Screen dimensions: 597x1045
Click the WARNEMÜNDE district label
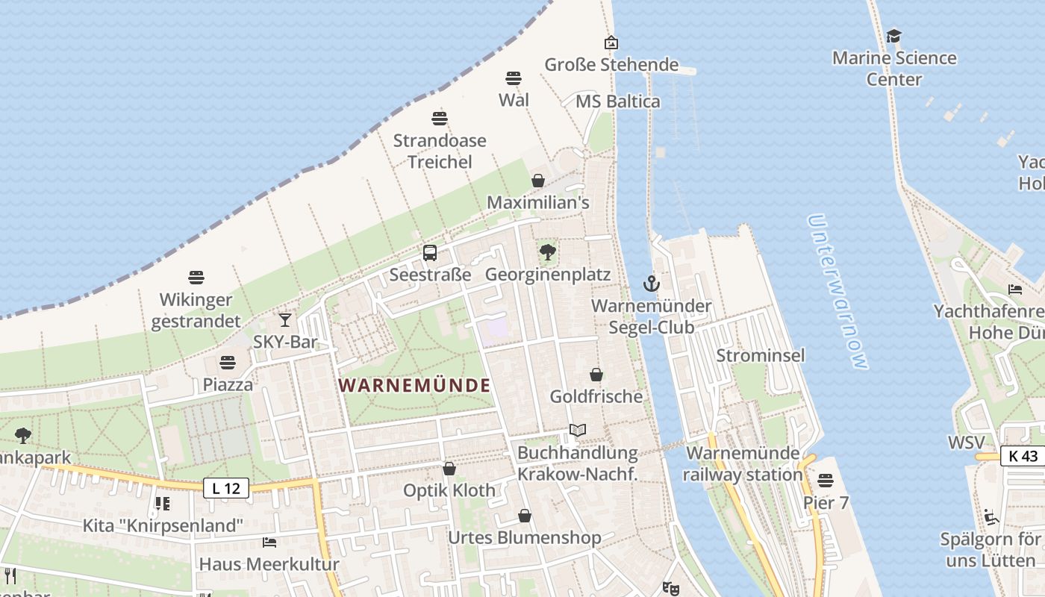click(x=415, y=385)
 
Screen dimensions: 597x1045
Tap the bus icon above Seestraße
click(x=430, y=253)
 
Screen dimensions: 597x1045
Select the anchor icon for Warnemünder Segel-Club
click(x=652, y=284)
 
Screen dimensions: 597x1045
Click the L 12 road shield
click(x=226, y=489)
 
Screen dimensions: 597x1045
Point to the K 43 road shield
click(x=1023, y=456)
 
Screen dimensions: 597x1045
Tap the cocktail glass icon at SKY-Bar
click(x=285, y=320)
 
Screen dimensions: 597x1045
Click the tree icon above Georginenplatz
click(x=548, y=252)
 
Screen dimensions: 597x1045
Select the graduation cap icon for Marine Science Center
click(x=893, y=36)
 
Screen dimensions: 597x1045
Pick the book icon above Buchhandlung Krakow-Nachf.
click(x=577, y=430)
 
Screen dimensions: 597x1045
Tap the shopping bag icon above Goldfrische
click(x=596, y=374)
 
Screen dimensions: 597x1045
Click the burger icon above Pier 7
click(x=825, y=480)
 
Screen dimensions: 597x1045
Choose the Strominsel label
click(x=760, y=355)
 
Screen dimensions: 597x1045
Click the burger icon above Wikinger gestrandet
click(x=196, y=278)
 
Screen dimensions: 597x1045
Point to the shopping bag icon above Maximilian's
click(x=537, y=181)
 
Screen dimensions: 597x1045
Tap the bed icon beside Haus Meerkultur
click(x=269, y=542)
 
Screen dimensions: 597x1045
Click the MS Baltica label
click(x=618, y=101)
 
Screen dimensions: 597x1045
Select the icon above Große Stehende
click(x=611, y=43)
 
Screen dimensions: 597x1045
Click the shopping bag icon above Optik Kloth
click(x=449, y=469)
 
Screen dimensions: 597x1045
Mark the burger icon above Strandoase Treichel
click(x=439, y=118)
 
